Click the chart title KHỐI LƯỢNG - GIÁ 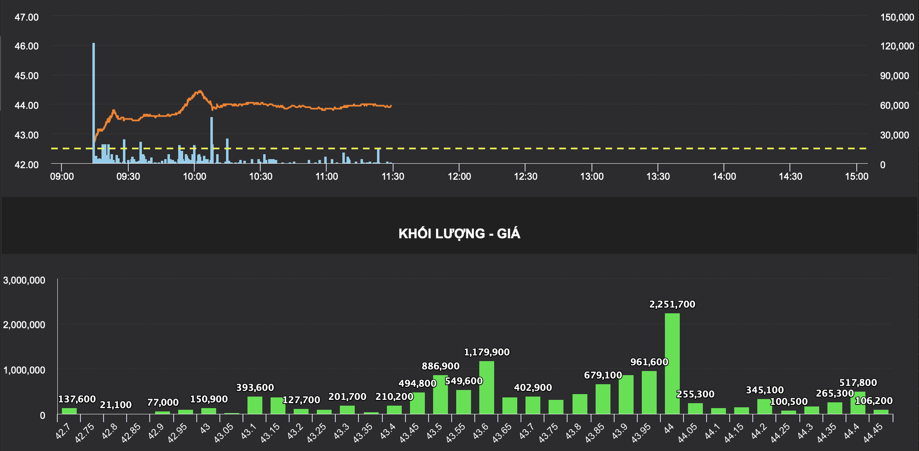click(459, 234)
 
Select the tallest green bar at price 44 click(672, 363)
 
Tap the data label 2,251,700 click(672, 304)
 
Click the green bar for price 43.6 click(486, 388)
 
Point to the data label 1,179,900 click(487, 352)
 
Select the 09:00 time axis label click(62, 176)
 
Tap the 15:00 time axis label click(856, 176)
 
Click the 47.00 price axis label click(26, 17)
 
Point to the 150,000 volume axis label click(897, 17)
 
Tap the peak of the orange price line click(200, 91)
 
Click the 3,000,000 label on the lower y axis click(24, 280)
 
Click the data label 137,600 click(77, 399)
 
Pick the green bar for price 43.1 click(254, 405)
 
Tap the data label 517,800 click(858, 383)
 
